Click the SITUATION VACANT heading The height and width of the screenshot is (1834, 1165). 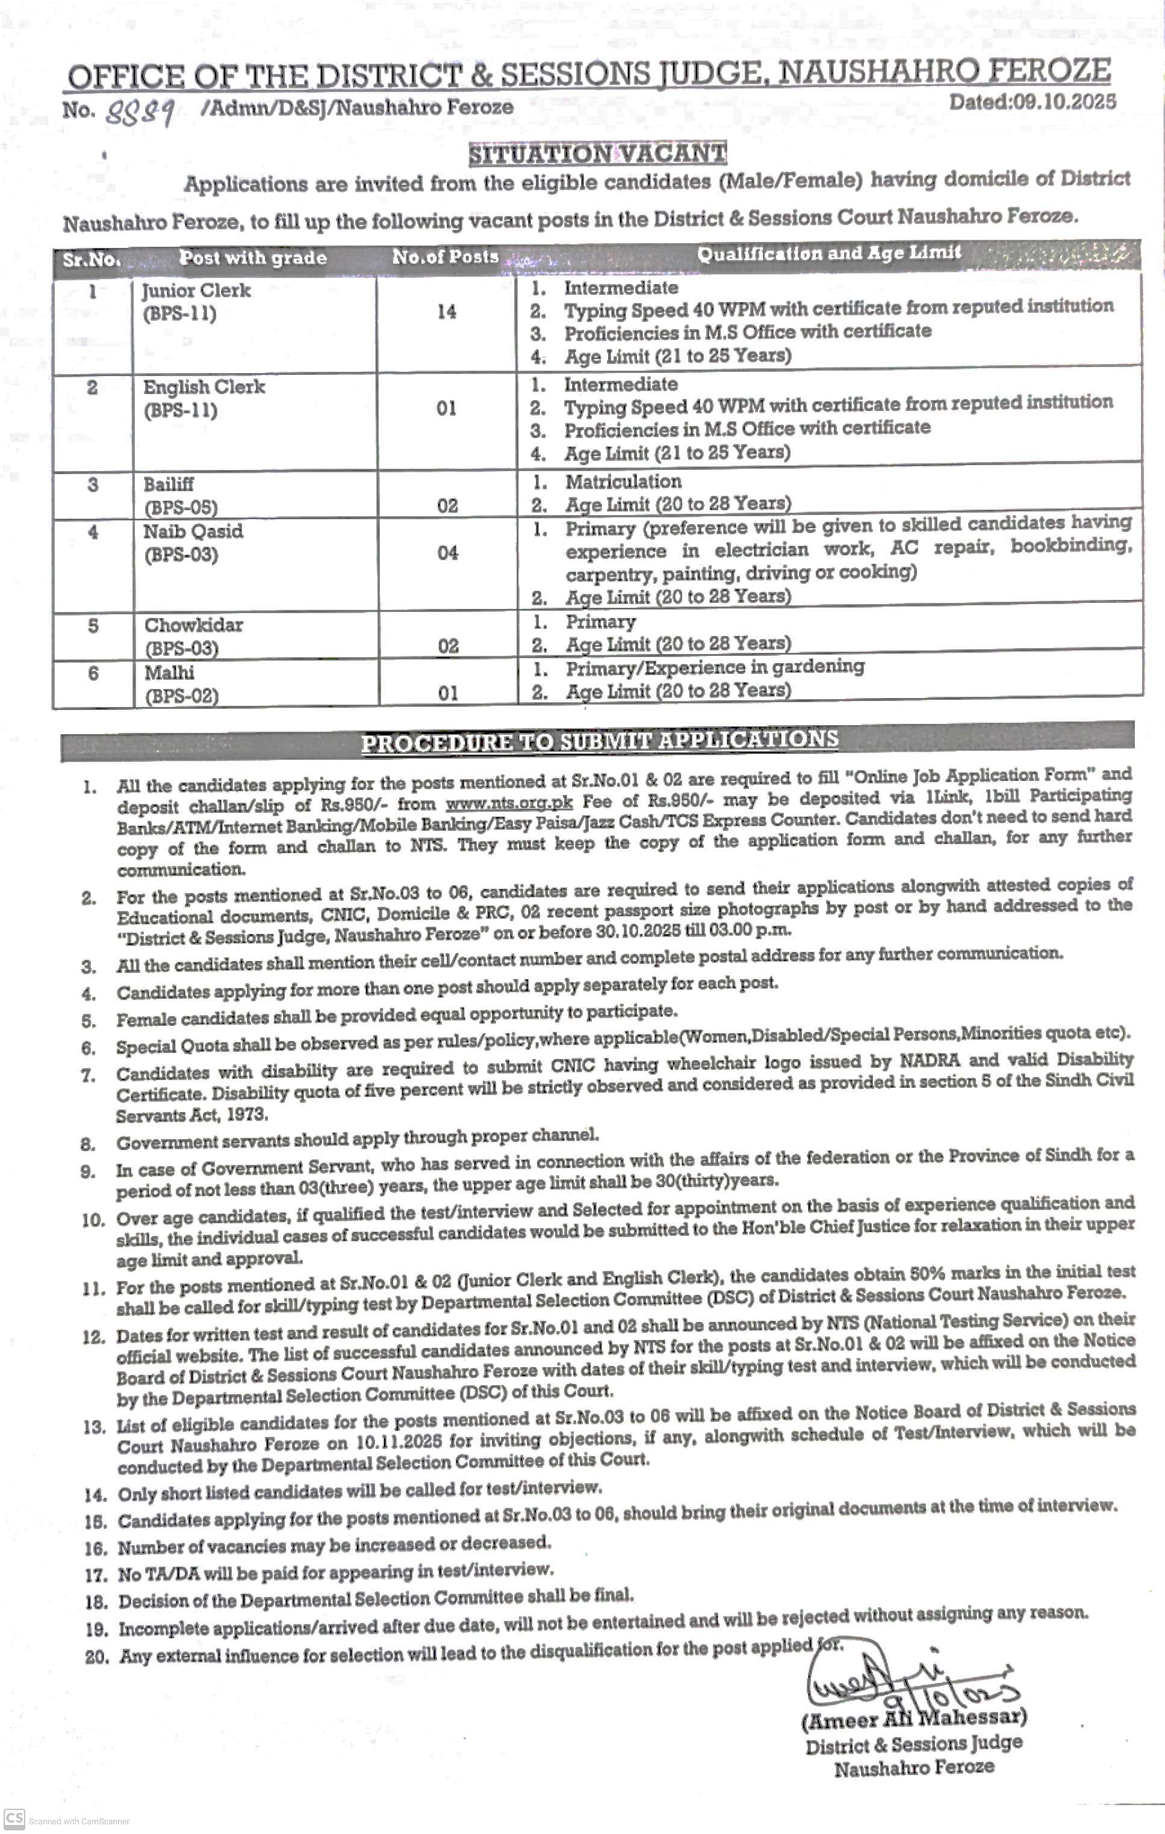tap(597, 155)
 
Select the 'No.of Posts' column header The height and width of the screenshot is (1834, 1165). tap(446, 258)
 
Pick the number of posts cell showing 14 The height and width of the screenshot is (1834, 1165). tap(447, 312)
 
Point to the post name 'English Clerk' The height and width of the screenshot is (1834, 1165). tap(204, 387)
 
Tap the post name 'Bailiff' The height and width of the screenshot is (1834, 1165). tap(169, 484)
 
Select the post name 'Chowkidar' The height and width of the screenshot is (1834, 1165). tap(193, 625)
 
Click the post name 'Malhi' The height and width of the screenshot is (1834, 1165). tap(169, 673)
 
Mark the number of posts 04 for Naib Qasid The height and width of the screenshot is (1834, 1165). tap(448, 553)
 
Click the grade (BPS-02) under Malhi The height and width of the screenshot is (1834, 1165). tap(181, 696)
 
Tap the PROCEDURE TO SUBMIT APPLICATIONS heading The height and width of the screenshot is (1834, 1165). tap(600, 740)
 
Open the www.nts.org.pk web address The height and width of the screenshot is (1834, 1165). tap(508, 803)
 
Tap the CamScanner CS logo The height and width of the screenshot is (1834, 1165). tap(14, 1817)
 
